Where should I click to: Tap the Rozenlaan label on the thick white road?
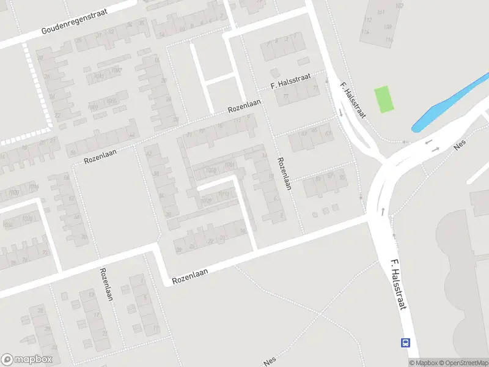pos(190,275)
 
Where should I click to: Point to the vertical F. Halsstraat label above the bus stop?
pos(399,284)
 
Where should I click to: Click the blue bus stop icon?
pos(405,343)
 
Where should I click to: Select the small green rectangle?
pos(384,99)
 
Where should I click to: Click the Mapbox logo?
pos(27,360)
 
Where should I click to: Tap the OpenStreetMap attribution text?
pos(464,363)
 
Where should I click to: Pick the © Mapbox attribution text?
pos(424,363)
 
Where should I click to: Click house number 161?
pos(381,12)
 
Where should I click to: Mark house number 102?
pos(399,6)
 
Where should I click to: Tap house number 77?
pos(285,96)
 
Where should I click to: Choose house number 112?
pos(367,20)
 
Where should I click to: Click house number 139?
pos(387,26)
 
